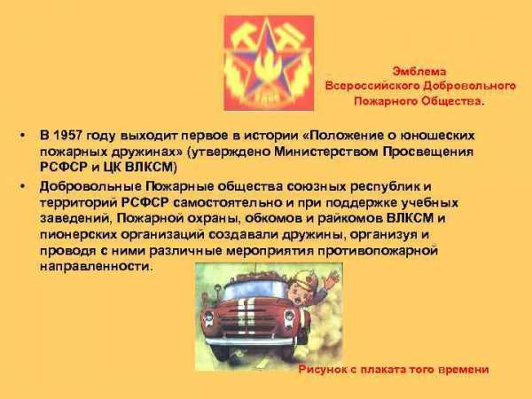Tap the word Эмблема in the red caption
pyautogui.click(x=419, y=71)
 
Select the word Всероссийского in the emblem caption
pyautogui.click(x=372, y=86)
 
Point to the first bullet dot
pyautogui.click(x=23, y=136)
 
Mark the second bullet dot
pyautogui.click(x=23, y=186)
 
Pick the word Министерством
pyautogui.click(x=326, y=152)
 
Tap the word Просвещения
pyautogui.click(x=428, y=152)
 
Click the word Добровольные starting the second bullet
pyautogui.click(x=90, y=186)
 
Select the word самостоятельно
pyautogui.click(x=233, y=202)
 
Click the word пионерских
pyautogui.click(x=79, y=235)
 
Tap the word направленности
pyautogui.click(x=95, y=266)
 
